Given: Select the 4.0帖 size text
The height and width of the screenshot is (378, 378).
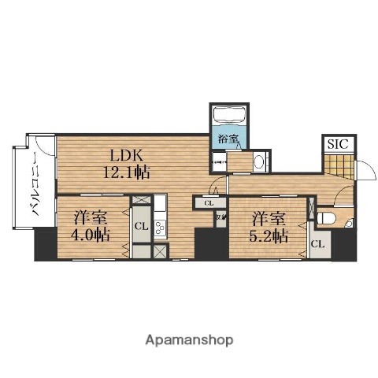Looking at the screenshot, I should click(x=92, y=234).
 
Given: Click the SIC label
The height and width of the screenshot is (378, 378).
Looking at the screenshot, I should click(x=338, y=144).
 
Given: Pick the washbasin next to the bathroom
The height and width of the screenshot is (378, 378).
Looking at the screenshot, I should click(x=259, y=161).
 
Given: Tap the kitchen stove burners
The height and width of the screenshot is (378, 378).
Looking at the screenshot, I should click(x=160, y=229).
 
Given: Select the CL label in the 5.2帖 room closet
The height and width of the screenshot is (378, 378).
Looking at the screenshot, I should click(x=317, y=244).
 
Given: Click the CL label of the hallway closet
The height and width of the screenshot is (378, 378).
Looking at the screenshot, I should click(x=209, y=203).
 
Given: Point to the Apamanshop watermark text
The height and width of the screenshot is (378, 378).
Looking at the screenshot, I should click(x=189, y=340).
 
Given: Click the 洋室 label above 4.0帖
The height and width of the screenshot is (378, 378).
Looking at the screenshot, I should click(x=92, y=217).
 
